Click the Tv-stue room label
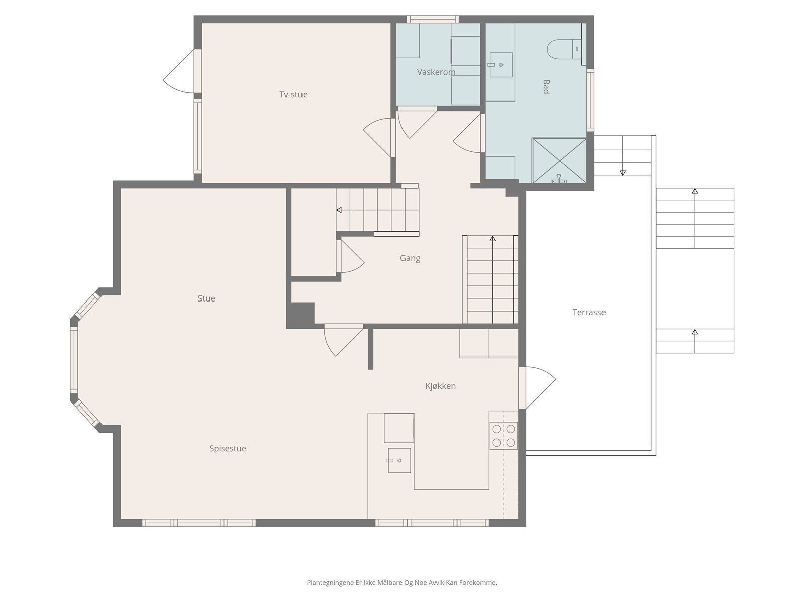(293, 95)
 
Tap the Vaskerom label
(436, 72)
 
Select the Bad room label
(546, 87)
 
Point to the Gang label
(410, 258)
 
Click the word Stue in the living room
(206, 298)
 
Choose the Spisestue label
(228, 449)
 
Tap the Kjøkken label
(440, 386)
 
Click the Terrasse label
(589, 312)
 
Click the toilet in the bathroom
(564, 49)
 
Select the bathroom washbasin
(500, 65)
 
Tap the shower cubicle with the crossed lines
(559, 160)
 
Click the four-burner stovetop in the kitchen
(504, 435)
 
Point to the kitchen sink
(399, 460)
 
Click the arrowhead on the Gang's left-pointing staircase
(339, 210)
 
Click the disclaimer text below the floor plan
(402, 582)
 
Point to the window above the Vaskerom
(433, 19)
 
